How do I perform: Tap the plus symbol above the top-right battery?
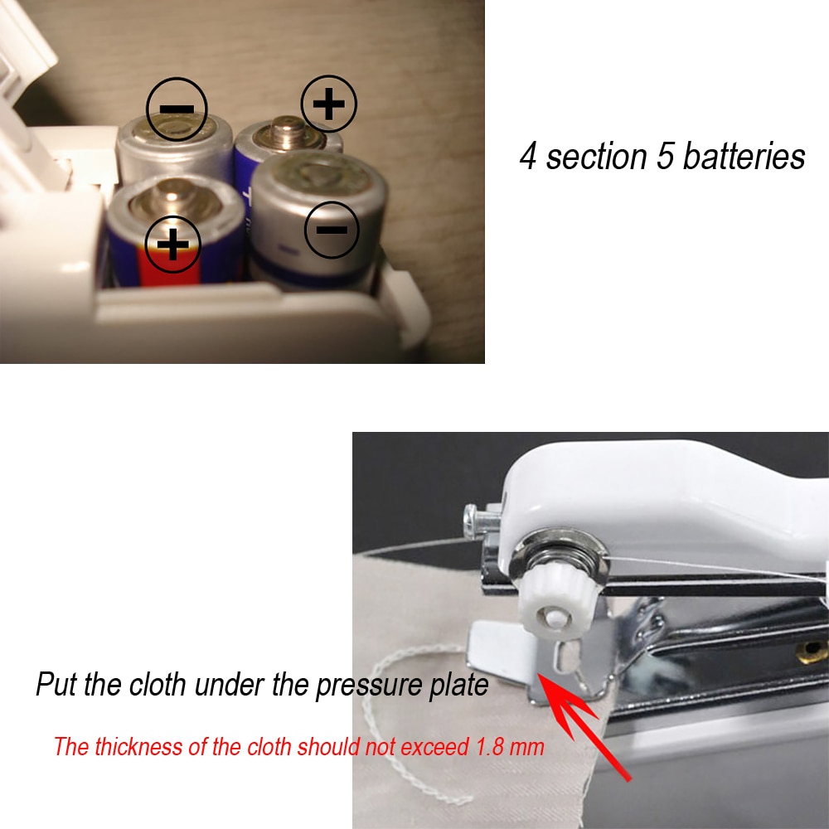click(328, 104)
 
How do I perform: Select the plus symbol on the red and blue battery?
click(173, 244)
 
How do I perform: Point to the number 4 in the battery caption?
click(528, 156)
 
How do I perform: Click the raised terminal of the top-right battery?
click(287, 131)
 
